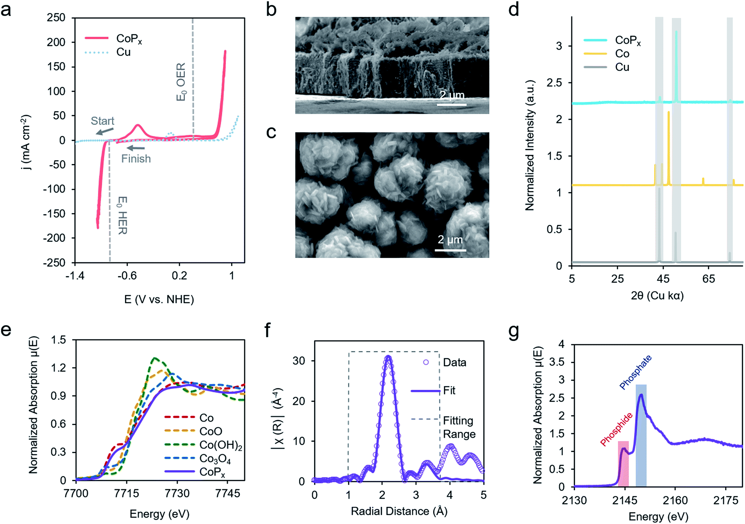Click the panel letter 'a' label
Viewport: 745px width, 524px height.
pyautogui.click(x=6, y=10)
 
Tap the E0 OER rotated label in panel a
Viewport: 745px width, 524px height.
pyautogui.click(x=181, y=81)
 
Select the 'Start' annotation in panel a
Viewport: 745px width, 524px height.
pyautogui.click(x=102, y=121)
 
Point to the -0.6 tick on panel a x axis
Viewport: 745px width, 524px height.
pyautogui.click(x=127, y=276)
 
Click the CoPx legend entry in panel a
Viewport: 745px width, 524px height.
pyautogui.click(x=129, y=38)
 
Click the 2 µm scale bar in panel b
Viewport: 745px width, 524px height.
pyautogui.click(x=451, y=104)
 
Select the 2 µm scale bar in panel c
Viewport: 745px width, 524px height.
pyautogui.click(x=450, y=250)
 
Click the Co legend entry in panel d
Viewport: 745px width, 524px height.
pyautogui.click(x=622, y=54)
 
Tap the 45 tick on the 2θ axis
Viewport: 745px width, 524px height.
pyautogui.click(x=663, y=279)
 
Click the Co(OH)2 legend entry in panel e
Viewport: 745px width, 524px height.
pyautogui.click(x=220, y=445)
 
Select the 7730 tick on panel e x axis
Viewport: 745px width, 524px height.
pyautogui.click(x=177, y=494)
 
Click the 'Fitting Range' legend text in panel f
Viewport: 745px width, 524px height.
pyautogui.click(x=459, y=428)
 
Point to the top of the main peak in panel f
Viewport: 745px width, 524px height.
pyautogui.click(x=388, y=357)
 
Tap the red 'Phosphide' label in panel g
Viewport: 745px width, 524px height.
pyautogui.click(x=616, y=429)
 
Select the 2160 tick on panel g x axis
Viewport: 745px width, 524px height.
pyautogui.click(x=675, y=500)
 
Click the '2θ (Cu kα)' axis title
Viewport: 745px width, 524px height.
pyautogui.click(x=657, y=296)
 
